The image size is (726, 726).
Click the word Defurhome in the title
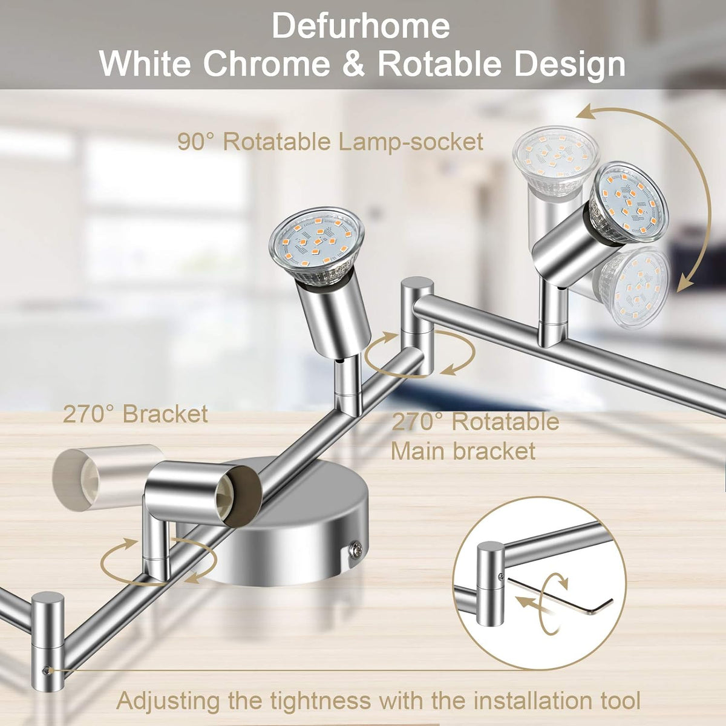pos(361,25)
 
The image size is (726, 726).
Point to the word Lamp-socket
pos(411,142)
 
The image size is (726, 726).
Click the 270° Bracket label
pos(136,414)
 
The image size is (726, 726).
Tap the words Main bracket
pos(463,451)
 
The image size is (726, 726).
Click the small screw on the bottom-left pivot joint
pos(47,670)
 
